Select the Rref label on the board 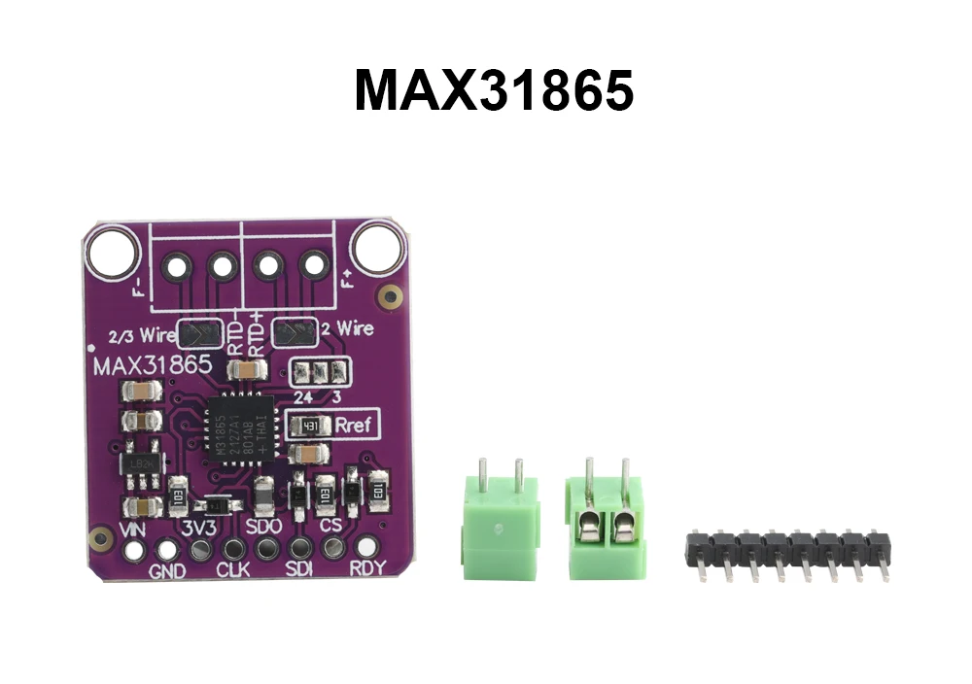352,425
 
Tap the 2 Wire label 347,328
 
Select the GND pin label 167,571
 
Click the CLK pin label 233,570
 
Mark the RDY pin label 366,570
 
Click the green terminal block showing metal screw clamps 604,519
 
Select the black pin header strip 787,551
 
